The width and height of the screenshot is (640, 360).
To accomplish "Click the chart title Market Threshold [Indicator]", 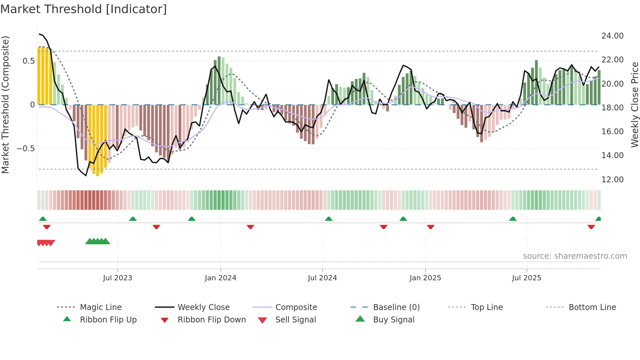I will coord(84,9).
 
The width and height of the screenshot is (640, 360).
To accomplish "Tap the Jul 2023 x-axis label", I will coord(118,278).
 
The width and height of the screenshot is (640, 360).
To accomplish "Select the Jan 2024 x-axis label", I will coord(220,278).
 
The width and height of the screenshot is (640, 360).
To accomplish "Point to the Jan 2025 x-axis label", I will coord(425,278).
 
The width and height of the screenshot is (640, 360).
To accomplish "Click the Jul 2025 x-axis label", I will coord(526,278).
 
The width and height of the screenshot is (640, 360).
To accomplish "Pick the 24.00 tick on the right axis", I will coord(612,36).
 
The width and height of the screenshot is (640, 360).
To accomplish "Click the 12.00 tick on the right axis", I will coord(612,180).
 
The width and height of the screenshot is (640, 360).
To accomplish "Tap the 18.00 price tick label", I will coord(612,108).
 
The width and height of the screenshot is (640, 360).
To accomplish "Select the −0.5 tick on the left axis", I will coord(25,149).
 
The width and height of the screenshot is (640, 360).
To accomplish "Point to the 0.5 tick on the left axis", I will coord(28,61).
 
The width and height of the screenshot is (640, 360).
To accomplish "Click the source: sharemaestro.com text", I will coord(575,256).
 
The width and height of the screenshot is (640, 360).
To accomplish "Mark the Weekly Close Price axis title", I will coord(634,105).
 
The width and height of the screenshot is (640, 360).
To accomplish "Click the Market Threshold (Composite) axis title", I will coord(5,105).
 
